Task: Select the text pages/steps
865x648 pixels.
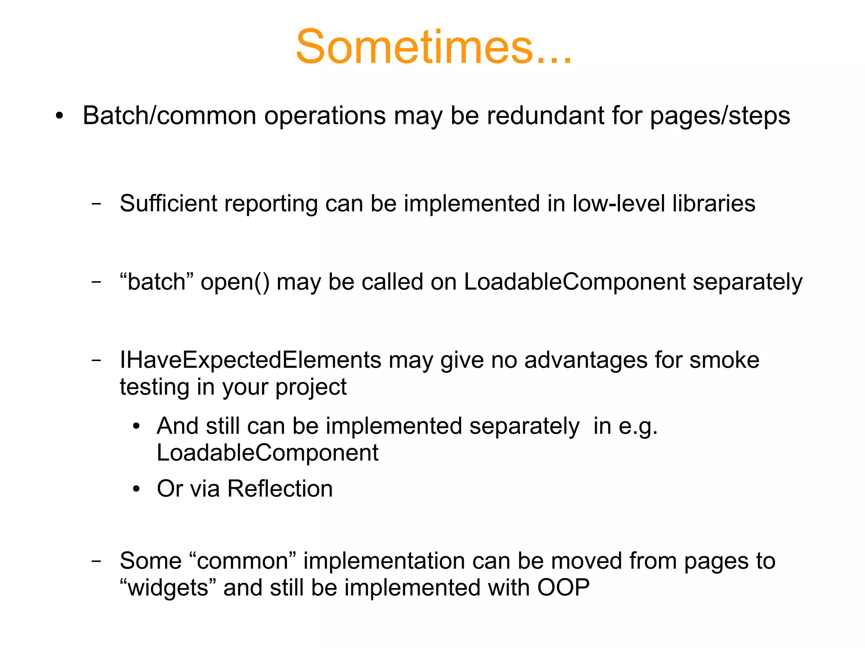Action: point(720,116)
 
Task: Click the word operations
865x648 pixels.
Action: point(325,116)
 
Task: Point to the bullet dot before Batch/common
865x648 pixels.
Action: point(60,116)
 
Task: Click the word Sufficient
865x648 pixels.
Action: point(168,203)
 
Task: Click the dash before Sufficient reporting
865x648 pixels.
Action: point(96,204)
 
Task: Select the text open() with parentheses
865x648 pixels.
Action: point(235,282)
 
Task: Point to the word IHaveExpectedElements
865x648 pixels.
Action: point(250,360)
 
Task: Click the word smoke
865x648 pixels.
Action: point(724,360)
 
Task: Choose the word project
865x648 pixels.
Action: point(311,388)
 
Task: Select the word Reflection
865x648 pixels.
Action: point(280,489)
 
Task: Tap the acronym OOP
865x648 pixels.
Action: point(563,588)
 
